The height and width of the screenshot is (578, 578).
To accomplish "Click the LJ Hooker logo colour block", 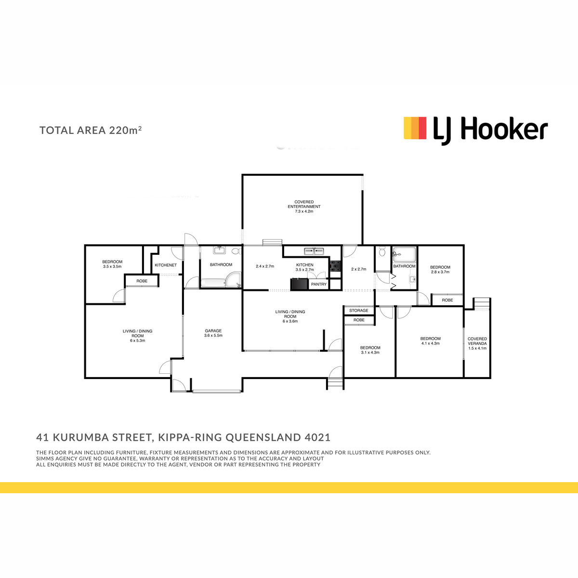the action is click(x=415, y=128).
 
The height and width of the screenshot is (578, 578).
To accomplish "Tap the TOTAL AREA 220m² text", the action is click(x=91, y=130).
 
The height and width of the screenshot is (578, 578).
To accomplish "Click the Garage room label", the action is click(x=213, y=331).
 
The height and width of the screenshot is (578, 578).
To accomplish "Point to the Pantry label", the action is click(x=318, y=284).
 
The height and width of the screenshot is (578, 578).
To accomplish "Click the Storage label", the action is click(x=358, y=311).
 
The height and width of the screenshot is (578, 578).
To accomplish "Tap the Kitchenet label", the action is click(x=166, y=265).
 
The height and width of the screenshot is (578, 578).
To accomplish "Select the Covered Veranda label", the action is click(x=477, y=341).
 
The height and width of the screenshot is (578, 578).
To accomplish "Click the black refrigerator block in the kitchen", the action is click(x=299, y=284).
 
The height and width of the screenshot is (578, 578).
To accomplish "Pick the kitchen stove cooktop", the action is click(x=335, y=266).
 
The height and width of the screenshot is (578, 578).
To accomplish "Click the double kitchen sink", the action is click(x=314, y=251).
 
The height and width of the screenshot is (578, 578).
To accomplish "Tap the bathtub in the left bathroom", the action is click(x=213, y=283).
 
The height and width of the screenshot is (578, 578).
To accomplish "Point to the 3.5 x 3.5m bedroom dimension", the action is click(x=112, y=266).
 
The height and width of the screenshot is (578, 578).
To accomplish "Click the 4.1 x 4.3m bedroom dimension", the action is click(x=431, y=343).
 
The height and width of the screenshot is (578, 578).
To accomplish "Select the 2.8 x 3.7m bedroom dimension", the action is click(x=440, y=272).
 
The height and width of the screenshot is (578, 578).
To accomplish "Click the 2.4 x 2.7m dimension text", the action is click(x=265, y=266).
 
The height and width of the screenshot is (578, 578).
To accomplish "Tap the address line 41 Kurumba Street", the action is click(x=183, y=437).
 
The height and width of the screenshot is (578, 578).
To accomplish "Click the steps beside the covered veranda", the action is click(x=481, y=303).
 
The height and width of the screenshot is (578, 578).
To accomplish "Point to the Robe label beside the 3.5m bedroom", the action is click(x=142, y=281).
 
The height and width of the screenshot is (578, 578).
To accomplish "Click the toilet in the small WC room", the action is click(x=382, y=251).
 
